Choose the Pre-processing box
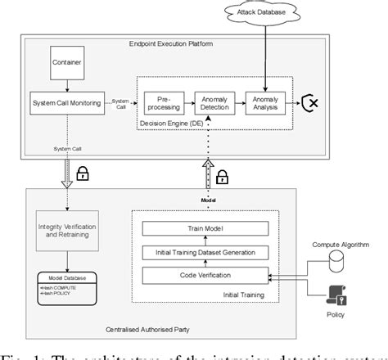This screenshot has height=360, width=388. tap(163, 101)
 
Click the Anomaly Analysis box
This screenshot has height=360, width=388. tap(268, 101)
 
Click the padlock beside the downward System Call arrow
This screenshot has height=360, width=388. tap(82, 173)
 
